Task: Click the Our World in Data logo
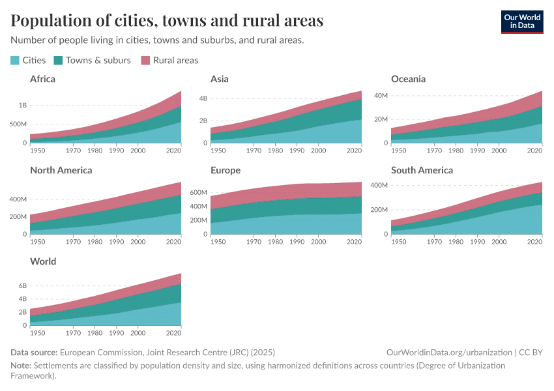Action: tap(522, 22)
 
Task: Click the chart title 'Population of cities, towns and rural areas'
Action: tap(167, 21)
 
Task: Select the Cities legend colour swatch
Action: tap(15, 60)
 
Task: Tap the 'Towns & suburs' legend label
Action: tap(98, 60)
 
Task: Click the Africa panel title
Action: tap(42, 79)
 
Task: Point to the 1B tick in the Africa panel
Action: tap(22, 105)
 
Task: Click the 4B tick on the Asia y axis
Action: tap(203, 98)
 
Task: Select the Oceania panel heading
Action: tap(408, 79)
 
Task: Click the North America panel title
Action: tap(61, 170)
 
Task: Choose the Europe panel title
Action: tap(226, 170)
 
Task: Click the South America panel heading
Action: tap(422, 170)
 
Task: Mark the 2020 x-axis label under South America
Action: tap(534, 242)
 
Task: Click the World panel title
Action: tap(43, 261)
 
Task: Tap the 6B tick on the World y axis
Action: tap(22, 286)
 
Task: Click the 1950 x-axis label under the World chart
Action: tap(38, 333)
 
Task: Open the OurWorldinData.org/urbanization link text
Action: tap(449, 353)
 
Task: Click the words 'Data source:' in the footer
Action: tap(34, 353)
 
